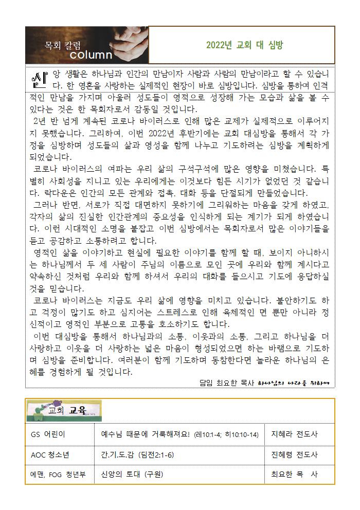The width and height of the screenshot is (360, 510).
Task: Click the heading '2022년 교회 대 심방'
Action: coord(244,45)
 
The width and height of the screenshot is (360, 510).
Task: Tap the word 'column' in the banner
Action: coord(91,54)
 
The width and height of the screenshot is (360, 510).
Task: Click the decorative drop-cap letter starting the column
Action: coord(39,78)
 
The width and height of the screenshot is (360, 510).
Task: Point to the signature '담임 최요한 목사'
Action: coord(227,383)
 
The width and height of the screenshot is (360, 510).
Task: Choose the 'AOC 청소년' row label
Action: coord(52,454)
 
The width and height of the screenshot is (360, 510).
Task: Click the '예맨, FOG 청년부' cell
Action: coord(58,474)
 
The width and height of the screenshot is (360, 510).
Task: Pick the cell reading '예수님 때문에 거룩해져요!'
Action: coord(146,434)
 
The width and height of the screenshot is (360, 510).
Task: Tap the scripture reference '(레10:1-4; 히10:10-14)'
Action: coord(227,435)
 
